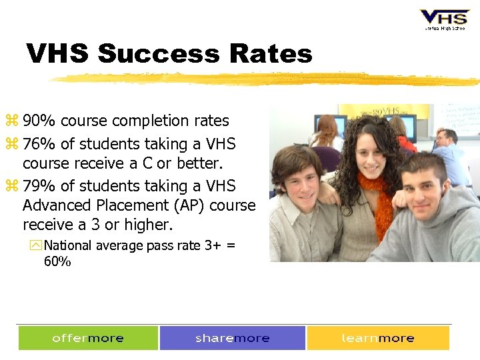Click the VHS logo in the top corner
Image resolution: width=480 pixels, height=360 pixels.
(x=444, y=19)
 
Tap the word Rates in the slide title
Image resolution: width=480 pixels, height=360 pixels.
(x=271, y=53)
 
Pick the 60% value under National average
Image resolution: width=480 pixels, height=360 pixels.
(x=57, y=261)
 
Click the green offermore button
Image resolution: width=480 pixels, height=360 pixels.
(x=88, y=338)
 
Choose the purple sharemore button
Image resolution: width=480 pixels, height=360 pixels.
(x=233, y=338)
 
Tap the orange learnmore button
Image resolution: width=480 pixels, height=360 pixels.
(x=378, y=338)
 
